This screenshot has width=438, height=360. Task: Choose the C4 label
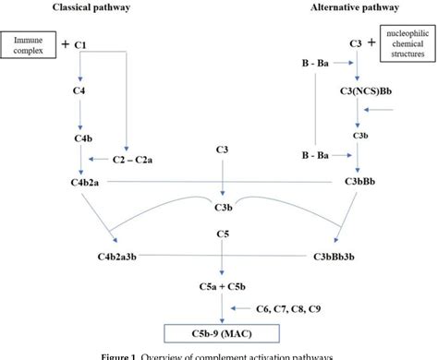pyautogui.click(x=80, y=93)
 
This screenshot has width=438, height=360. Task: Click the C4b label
pyautogui.click(x=80, y=138)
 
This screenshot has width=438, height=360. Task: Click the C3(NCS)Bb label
pyautogui.click(x=358, y=92)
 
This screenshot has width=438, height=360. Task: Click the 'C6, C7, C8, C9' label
pyautogui.click(x=295, y=307)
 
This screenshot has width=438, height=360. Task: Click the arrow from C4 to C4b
pyautogui.click(x=80, y=115)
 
